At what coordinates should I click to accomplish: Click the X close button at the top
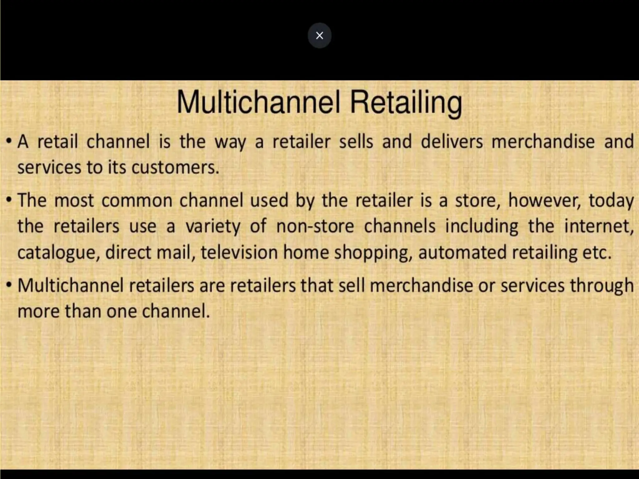319,36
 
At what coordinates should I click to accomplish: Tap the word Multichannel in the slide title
258,103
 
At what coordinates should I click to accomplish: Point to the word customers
175,167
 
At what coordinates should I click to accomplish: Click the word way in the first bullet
230,142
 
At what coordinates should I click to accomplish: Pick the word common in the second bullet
137,201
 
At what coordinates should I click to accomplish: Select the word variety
213,227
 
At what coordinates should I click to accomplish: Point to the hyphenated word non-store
315,226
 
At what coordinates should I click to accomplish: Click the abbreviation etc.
596,253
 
